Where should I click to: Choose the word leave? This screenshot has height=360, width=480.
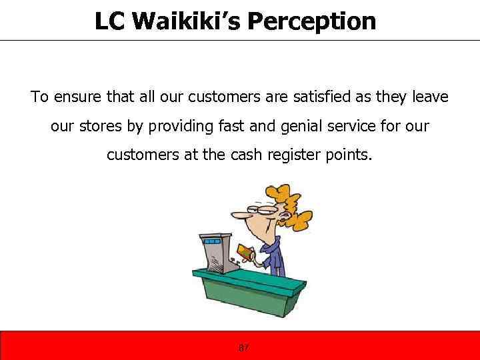click(431, 97)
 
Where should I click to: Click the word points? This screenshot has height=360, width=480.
click(349, 155)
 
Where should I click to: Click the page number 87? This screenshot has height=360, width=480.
click(243, 348)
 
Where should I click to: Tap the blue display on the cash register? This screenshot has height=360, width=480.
click(213, 240)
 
